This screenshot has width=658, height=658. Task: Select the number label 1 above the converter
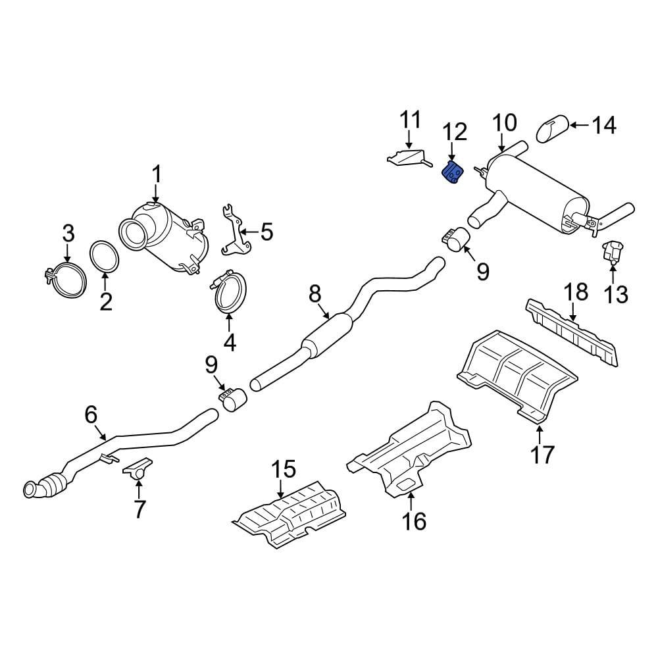tap(156, 175)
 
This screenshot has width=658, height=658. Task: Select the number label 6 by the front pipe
tap(91, 415)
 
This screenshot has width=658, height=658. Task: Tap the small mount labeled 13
tap(612, 253)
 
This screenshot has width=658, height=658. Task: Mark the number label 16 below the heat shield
tap(415, 521)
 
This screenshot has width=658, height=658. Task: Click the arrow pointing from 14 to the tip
tap(579, 125)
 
